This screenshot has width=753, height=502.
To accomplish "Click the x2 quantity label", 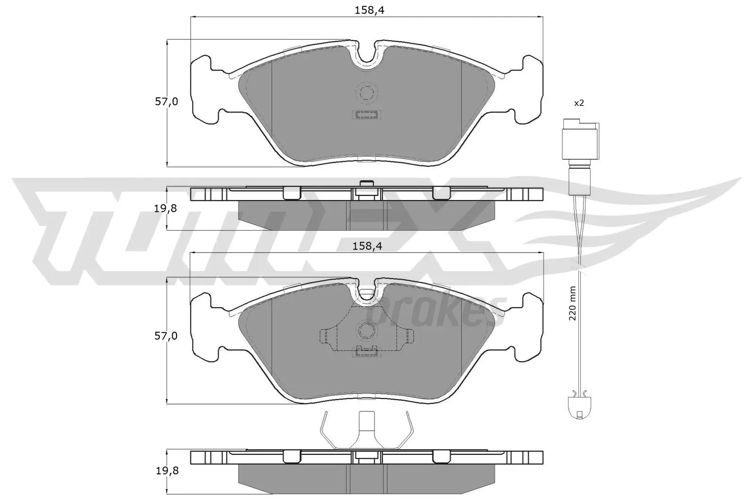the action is click(578, 103).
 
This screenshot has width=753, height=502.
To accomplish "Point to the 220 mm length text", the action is click(573, 303).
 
